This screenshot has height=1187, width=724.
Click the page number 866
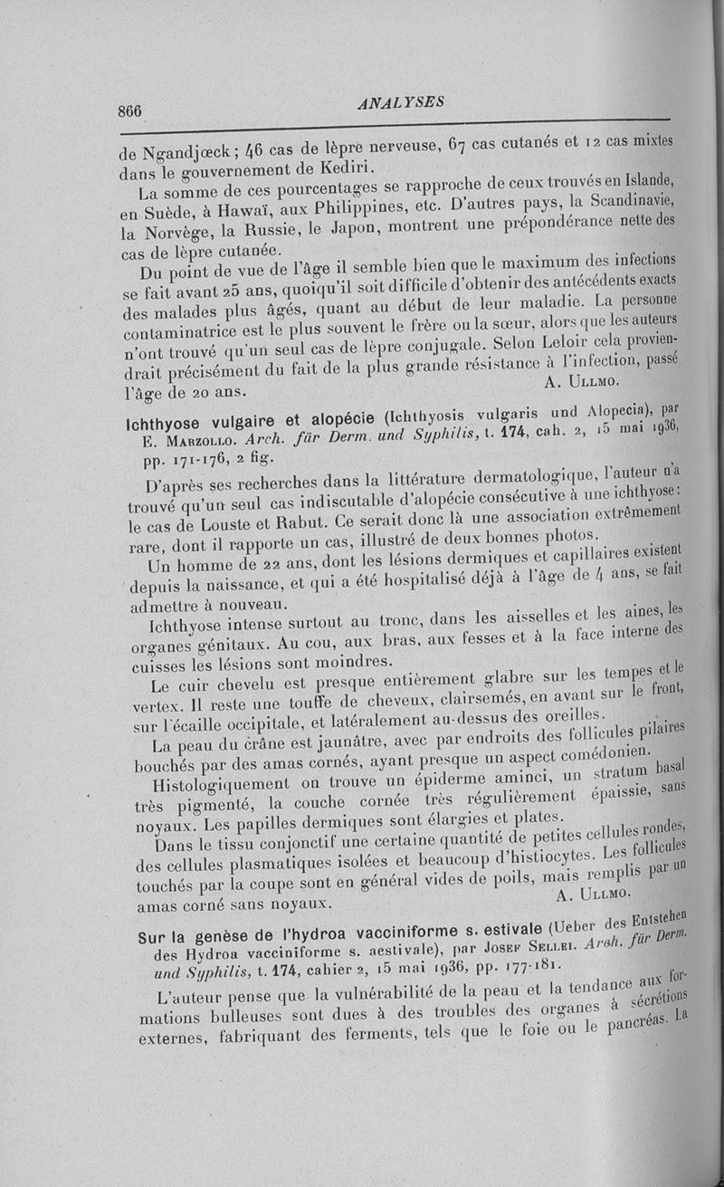click(x=130, y=110)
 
